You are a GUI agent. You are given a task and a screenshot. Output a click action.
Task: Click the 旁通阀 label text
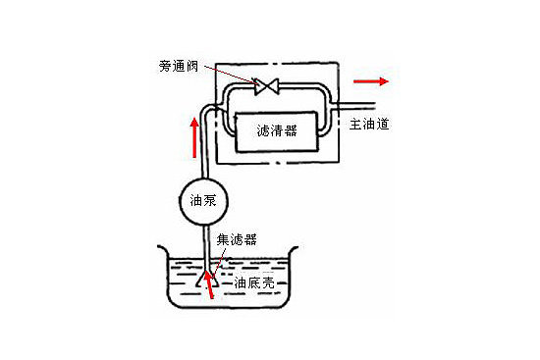[179, 66]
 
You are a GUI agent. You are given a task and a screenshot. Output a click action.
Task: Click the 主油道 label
[369, 124]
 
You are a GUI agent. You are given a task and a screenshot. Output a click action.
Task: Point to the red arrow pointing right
[371, 81]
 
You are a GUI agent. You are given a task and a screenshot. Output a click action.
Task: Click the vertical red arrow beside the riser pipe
[195, 137]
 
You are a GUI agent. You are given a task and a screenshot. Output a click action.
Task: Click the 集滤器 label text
[237, 239]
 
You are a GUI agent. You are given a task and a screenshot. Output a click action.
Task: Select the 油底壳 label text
[254, 283]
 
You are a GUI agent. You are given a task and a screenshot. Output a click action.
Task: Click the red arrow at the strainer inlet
[208, 284]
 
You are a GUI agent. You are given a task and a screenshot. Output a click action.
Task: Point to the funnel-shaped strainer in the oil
[207, 280]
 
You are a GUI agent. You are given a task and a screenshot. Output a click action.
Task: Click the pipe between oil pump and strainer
[206, 247]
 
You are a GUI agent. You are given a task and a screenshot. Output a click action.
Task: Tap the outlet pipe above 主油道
[356, 106]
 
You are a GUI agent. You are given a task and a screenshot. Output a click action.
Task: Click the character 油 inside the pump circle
[196, 201]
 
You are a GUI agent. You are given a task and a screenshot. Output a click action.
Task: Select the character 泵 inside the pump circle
[210, 201]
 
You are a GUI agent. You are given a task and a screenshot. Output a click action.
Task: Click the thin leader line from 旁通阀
[230, 75]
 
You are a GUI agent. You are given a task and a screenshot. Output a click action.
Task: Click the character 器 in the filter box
[291, 131]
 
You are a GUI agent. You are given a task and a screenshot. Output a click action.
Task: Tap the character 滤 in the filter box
[263, 131]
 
